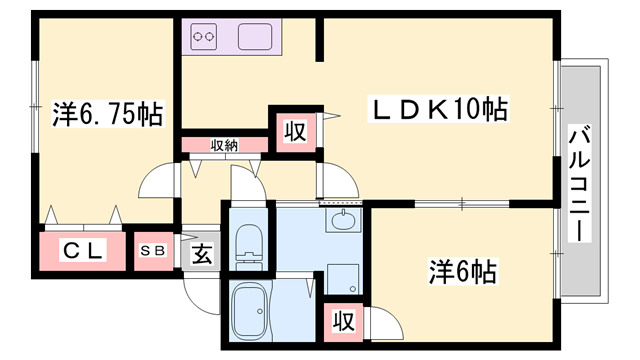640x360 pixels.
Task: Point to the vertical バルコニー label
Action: (579, 183)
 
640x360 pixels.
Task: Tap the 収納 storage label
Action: (224, 145)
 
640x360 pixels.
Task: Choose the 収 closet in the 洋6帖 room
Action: (342, 321)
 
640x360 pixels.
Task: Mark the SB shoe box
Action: (157, 252)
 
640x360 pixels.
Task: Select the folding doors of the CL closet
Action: (83, 217)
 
